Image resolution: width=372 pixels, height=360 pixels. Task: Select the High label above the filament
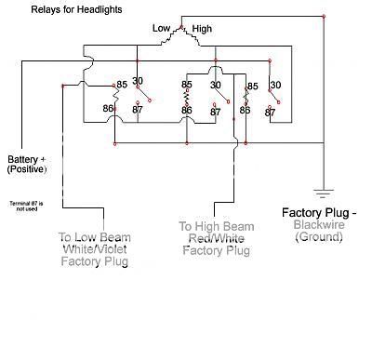(x=202, y=29)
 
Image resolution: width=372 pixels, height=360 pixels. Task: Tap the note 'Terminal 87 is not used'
(x=27, y=206)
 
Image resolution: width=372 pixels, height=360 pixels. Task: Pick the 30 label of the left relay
(x=138, y=80)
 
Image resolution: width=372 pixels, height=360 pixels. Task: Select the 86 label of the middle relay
(x=187, y=110)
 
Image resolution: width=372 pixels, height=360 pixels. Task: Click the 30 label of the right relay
(x=274, y=85)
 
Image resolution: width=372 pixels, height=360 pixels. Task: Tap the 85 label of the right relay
(x=252, y=89)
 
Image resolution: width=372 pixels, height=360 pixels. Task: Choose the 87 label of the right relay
(x=270, y=113)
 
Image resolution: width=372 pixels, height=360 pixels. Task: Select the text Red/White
(x=216, y=238)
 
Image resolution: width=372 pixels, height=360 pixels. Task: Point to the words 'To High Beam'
(x=216, y=226)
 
